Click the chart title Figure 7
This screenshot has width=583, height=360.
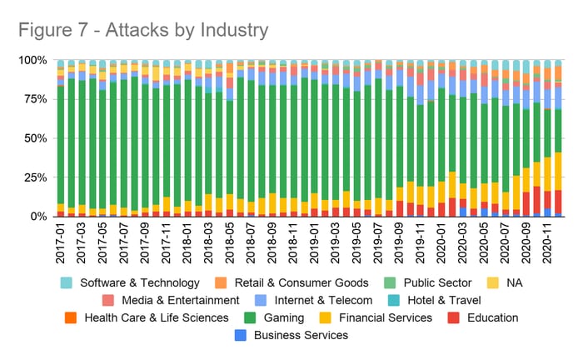[142, 30]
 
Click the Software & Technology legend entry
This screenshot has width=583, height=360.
[137, 282]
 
